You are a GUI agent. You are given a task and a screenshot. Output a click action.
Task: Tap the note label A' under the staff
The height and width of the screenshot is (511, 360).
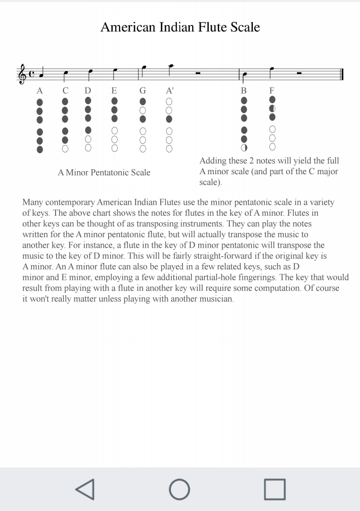click(x=170, y=91)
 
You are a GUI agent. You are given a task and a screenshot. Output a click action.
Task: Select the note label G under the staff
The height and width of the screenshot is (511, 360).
click(x=143, y=91)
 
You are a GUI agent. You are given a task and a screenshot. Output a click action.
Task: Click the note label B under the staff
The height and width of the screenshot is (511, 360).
click(x=244, y=91)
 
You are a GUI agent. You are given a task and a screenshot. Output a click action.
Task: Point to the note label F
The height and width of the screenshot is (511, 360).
click(x=272, y=91)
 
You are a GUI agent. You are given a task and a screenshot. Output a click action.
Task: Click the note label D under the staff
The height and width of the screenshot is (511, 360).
click(x=88, y=91)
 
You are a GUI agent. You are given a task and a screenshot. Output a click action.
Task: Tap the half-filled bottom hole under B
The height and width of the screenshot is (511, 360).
click(x=244, y=148)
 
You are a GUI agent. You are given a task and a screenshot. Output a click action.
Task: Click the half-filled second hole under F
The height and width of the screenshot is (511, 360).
click(x=272, y=109)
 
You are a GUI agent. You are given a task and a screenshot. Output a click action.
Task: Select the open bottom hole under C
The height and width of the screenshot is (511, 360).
click(x=65, y=148)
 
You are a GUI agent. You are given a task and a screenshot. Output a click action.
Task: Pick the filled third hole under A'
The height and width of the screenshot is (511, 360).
click(x=169, y=119)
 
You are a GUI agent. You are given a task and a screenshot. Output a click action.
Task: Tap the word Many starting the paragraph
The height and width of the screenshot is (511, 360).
click(x=33, y=203)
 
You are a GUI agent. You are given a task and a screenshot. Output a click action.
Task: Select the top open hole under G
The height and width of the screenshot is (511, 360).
click(x=143, y=110)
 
